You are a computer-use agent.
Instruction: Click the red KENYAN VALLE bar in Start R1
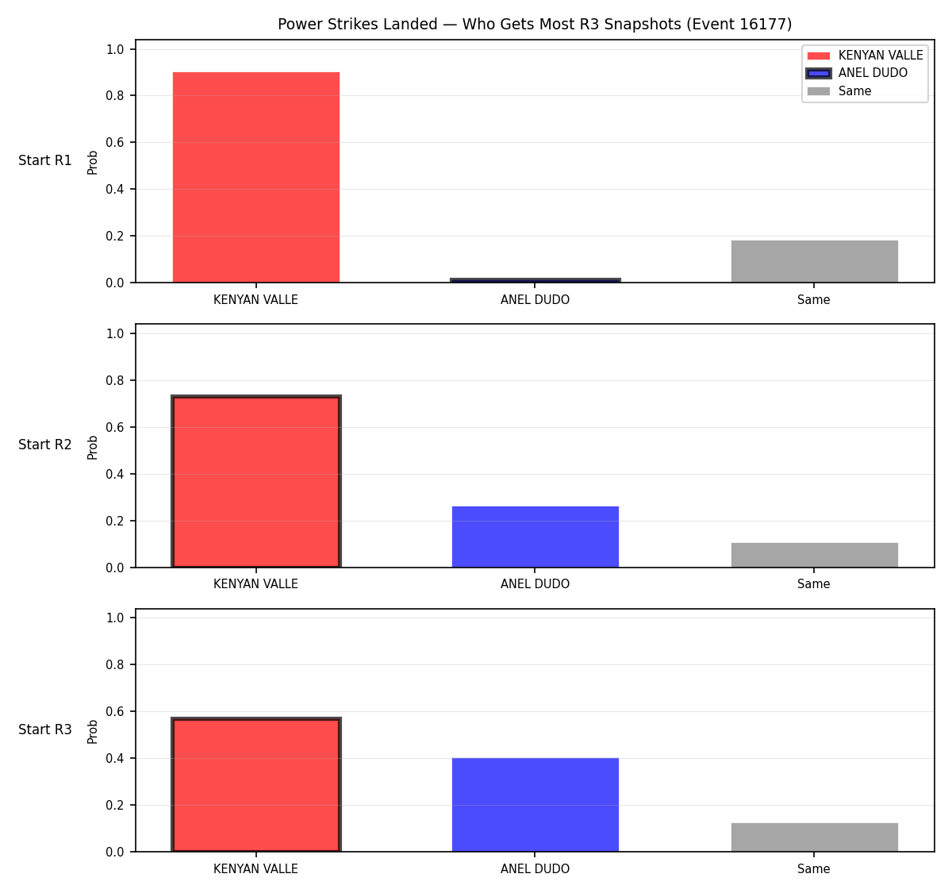(256, 177)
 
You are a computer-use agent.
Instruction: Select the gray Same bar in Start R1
(814, 261)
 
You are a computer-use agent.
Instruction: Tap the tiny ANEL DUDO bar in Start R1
(535, 280)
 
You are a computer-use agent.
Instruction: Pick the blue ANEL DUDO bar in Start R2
(535, 537)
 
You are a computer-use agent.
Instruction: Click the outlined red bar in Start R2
(256, 481)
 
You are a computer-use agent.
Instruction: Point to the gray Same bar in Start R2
(814, 555)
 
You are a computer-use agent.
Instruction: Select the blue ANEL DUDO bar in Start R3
(535, 805)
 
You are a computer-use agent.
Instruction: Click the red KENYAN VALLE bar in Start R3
(256, 784)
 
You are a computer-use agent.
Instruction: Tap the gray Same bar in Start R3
(814, 837)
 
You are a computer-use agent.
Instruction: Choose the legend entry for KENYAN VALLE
(865, 56)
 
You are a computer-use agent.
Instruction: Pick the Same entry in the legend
(839, 91)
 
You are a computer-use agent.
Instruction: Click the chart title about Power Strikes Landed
(535, 24)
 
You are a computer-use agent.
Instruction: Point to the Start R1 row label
(45, 160)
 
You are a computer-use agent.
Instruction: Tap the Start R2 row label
(45, 445)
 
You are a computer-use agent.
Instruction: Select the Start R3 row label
(45, 729)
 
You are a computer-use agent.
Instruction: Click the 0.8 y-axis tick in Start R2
(114, 380)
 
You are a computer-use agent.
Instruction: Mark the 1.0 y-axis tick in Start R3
(114, 618)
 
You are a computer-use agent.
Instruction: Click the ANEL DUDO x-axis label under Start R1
(535, 300)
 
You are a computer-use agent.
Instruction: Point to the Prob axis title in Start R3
(93, 732)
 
